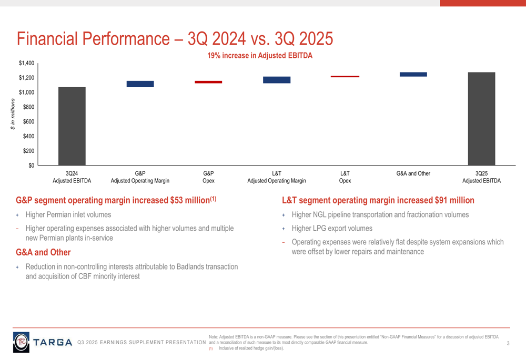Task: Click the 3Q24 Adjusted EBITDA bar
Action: (72, 126)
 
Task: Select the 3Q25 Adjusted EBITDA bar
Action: (481, 119)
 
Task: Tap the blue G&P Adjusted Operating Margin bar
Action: (140, 84)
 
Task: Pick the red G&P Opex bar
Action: (208, 82)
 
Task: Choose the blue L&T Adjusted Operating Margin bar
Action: (277, 80)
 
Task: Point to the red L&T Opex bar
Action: (345, 77)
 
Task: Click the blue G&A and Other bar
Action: (413, 75)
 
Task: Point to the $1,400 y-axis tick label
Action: (27, 64)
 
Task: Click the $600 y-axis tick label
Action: (28, 121)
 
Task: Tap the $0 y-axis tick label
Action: (31, 166)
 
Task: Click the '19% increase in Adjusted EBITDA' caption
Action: (260, 55)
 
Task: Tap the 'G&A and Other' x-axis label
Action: (413, 173)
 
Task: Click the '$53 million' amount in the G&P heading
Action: (187, 201)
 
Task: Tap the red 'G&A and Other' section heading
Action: (43, 253)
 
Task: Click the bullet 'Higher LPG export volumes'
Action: (332, 229)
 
